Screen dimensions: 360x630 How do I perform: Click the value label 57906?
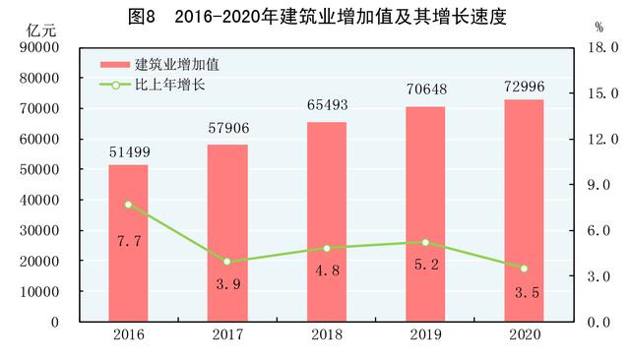point(227,130)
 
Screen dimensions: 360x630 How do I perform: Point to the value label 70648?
point(425,90)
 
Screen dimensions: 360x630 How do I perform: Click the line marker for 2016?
point(128,205)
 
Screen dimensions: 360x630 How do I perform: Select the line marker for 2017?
point(227,262)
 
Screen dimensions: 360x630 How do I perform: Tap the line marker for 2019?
point(425,242)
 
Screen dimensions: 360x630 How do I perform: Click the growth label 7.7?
point(128,240)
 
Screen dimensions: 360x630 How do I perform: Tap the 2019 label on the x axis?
point(425,335)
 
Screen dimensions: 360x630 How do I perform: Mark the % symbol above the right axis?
point(598,28)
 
